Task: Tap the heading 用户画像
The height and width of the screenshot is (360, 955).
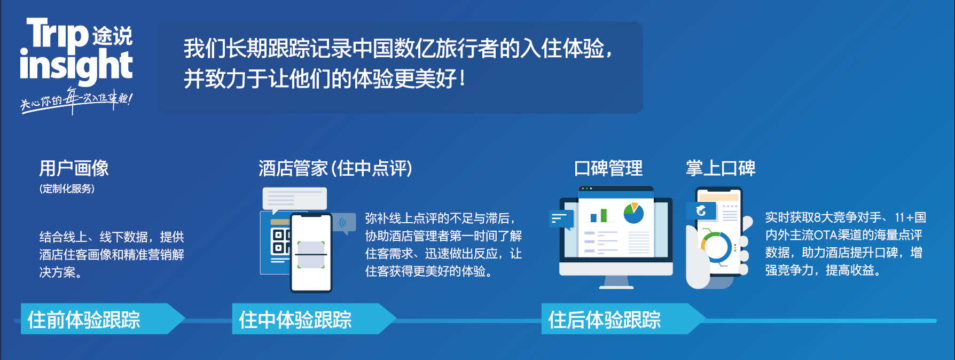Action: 74,168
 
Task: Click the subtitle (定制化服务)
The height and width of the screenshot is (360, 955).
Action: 67,189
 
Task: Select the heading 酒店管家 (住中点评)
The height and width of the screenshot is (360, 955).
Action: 335,168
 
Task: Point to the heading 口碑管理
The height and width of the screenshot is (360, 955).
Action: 608,168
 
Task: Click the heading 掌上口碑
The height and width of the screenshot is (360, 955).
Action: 721,168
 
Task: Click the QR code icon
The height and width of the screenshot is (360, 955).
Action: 280,241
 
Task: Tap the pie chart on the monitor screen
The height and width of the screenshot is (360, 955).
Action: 633,213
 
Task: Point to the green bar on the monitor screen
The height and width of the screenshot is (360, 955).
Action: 604,215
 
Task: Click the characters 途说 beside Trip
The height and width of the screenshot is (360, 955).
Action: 112,36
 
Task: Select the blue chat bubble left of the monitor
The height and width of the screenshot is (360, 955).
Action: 561,219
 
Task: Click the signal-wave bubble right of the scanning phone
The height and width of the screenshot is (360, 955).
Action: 344,223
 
